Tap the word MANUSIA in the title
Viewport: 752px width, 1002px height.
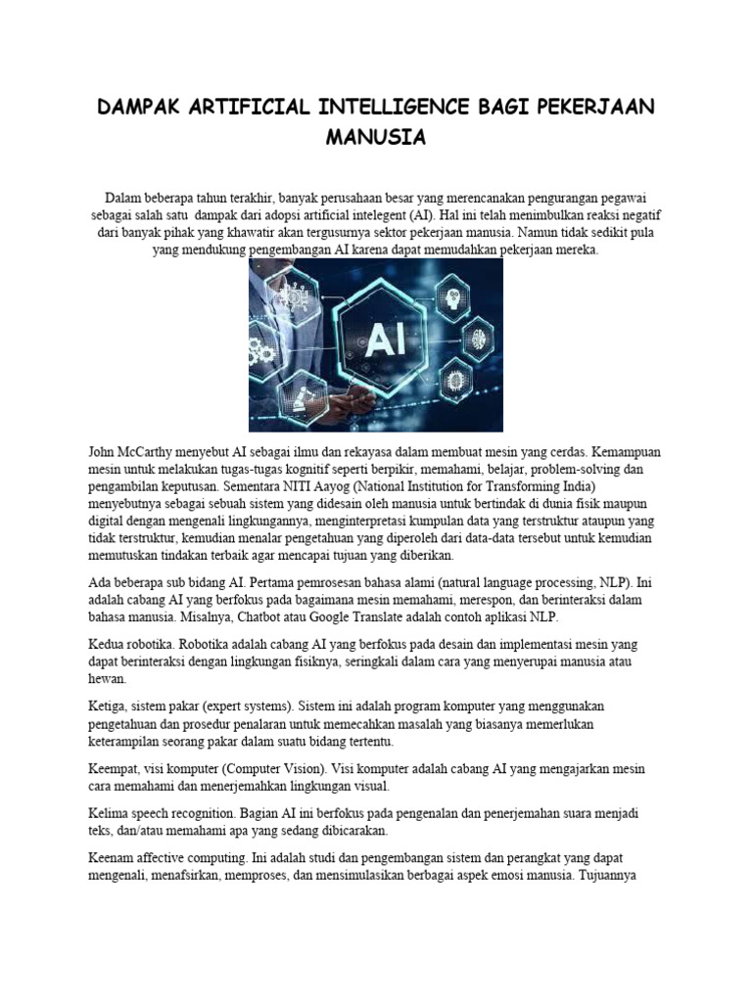tap(376, 137)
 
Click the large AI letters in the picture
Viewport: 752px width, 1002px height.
tap(377, 344)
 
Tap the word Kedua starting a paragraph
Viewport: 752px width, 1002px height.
tap(109, 645)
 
